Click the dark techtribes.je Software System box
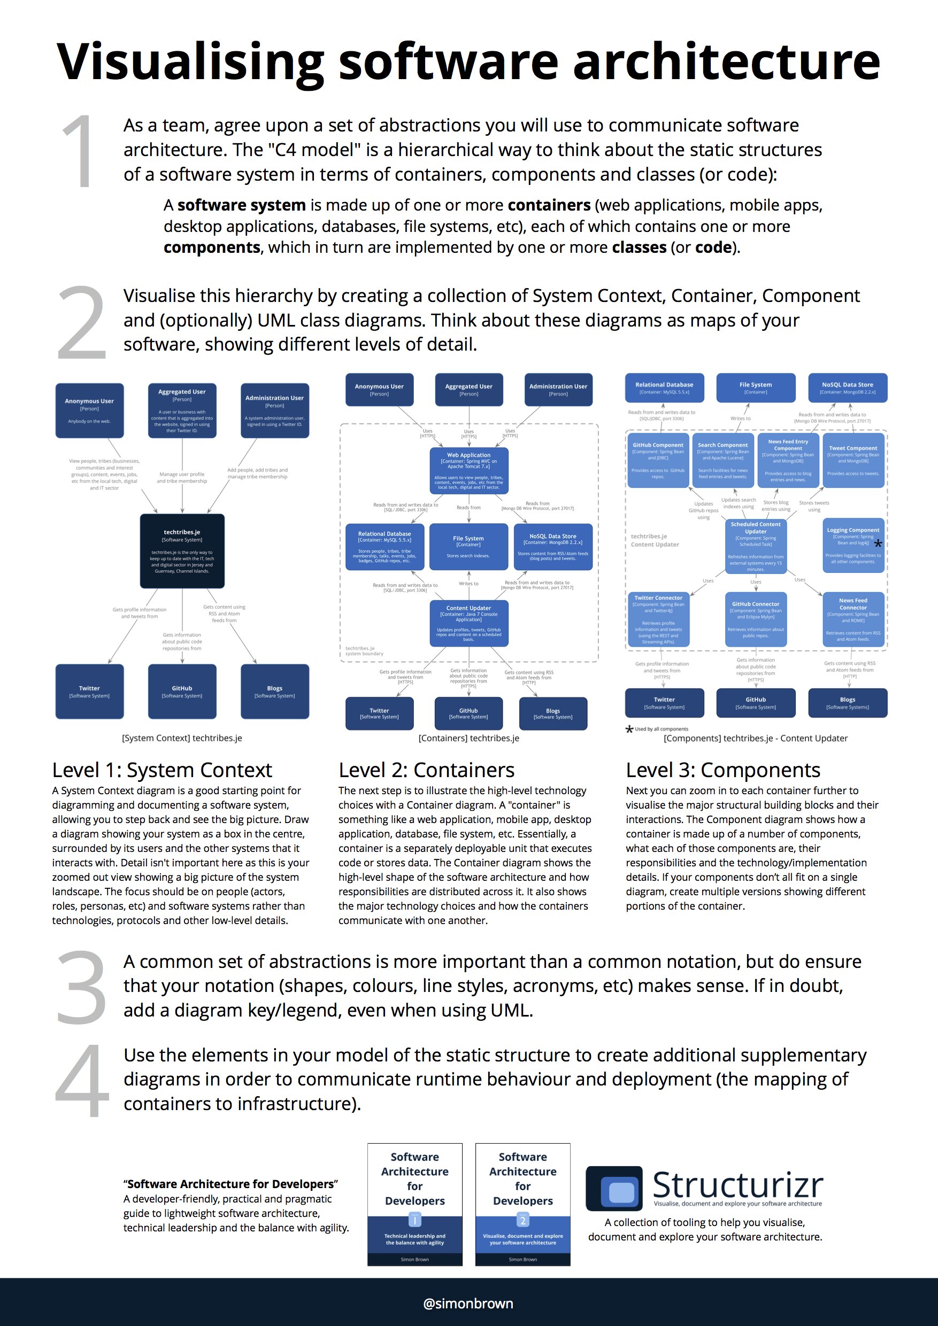[182, 551]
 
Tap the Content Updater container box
[468, 623]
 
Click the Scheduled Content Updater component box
[755, 546]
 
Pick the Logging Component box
[853, 545]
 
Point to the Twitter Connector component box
[658, 619]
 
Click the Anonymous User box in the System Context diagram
[90, 410]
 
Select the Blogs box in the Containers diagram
[553, 714]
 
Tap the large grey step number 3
[81, 987]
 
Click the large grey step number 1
[79, 151]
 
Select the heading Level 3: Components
[722, 770]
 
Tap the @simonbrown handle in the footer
[468, 1303]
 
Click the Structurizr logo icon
[614, 1188]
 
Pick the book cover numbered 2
[522, 1204]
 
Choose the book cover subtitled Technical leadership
[415, 1204]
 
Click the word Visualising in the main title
[191, 63]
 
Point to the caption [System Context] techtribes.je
[182, 738]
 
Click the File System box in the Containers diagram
[468, 546]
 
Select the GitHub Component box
[658, 460]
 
